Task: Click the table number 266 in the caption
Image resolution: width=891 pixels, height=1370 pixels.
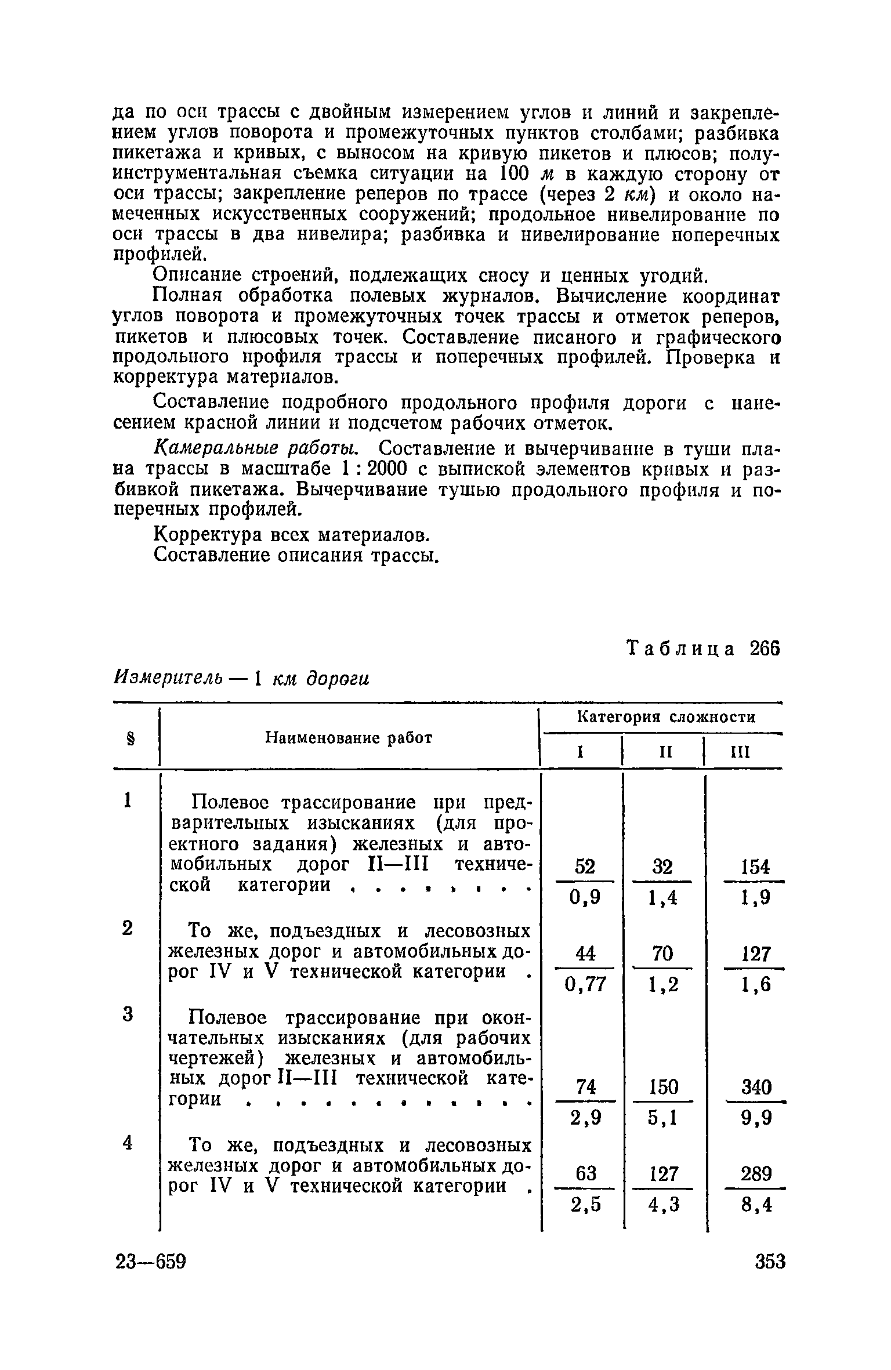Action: (765, 648)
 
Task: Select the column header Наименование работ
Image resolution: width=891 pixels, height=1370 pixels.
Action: (349, 738)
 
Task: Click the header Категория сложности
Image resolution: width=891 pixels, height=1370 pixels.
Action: (667, 717)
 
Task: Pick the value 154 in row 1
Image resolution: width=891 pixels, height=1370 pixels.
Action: (755, 867)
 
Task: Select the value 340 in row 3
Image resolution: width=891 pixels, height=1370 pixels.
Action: (756, 1086)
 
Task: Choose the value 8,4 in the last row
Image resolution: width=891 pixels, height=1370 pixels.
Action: (757, 1205)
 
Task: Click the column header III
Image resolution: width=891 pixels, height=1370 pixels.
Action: (740, 753)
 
